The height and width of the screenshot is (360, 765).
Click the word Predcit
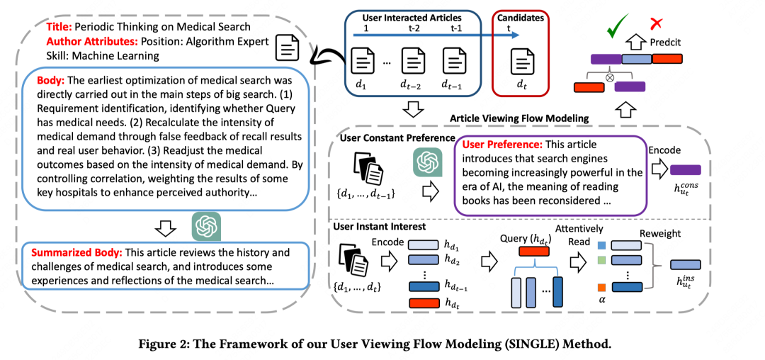click(665, 43)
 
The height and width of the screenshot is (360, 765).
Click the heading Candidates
click(519, 18)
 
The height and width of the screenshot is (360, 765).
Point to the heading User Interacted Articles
click(412, 18)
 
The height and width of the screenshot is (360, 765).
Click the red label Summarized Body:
click(77, 253)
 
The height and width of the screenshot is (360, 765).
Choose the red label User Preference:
click(501, 145)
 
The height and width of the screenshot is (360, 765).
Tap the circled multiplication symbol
click(608, 77)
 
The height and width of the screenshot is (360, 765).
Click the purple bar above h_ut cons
click(686, 170)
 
